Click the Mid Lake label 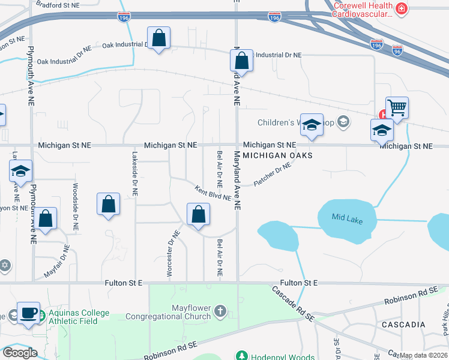(347, 218)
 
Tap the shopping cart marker (397, 109)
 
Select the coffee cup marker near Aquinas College (28, 314)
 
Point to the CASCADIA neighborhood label (403, 325)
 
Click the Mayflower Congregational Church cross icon (220, 311)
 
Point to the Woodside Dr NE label (75, 208)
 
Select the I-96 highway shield (397, 50)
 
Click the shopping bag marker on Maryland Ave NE (240, 61)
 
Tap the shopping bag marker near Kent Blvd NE (198, 214)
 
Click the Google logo (19, 353)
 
